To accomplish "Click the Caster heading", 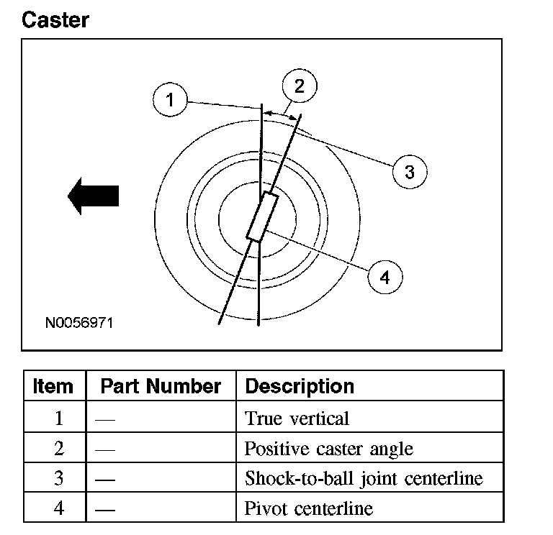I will [x=55, y=19].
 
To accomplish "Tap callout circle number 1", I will [x=170, y=100].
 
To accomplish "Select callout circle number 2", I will [x=300, y=86].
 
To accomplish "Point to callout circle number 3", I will [x=409, y=172].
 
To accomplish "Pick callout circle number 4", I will [x=385, y=278].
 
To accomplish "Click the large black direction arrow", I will [x=93, y=196].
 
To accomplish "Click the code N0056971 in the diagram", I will [x=79, y=323].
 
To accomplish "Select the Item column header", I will [x=53, y=386].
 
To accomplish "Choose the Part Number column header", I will [x=161, y=386].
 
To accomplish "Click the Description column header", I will [x=300, y=386].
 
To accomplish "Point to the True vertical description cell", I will [x=297, y=419].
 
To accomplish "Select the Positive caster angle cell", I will [x=329, y=449].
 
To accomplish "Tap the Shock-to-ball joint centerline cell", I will [x=363, y=478].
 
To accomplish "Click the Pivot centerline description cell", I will [x=309, y=509].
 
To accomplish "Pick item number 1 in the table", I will [x=59, y=419].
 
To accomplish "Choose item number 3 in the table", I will [x=59, y=478].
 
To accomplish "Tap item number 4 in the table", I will [x=59, y=509].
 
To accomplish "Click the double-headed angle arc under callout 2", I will [x=280, y=111].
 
